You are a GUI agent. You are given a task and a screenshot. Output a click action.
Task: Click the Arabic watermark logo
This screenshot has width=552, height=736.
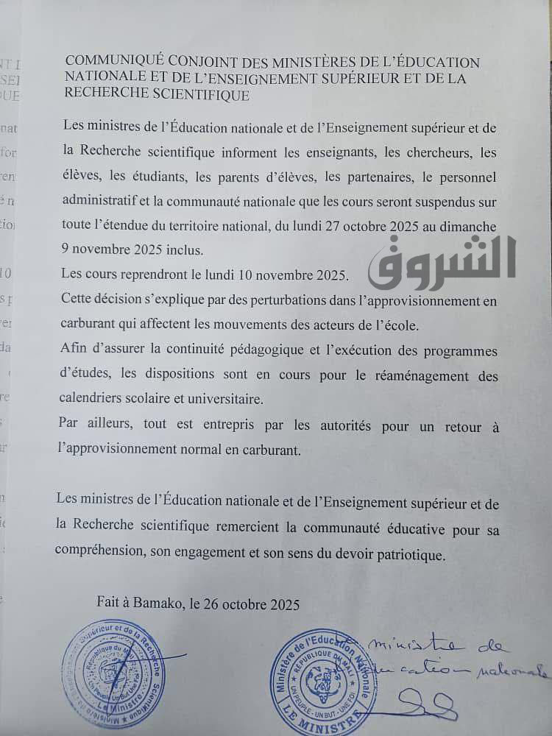[442, 260]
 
